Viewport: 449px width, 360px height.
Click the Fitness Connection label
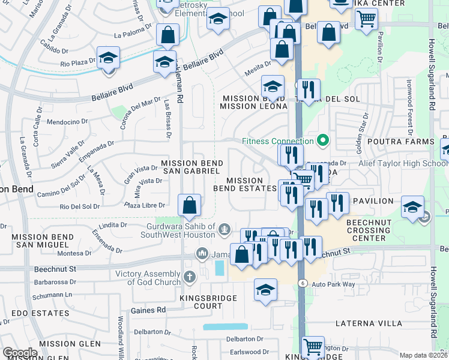click(x=278, y=141)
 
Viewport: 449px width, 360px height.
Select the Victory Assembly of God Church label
click(x=148, y=278)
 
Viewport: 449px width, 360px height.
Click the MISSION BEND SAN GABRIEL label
click(x=192, y=167)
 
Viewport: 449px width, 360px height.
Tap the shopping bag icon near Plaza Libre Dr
click(x=189, y=205)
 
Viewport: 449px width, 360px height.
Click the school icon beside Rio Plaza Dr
click(x=109, y=58)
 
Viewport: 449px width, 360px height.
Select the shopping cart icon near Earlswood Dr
click(x=312, y=347)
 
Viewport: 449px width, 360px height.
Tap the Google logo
click(x=20, y=353)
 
